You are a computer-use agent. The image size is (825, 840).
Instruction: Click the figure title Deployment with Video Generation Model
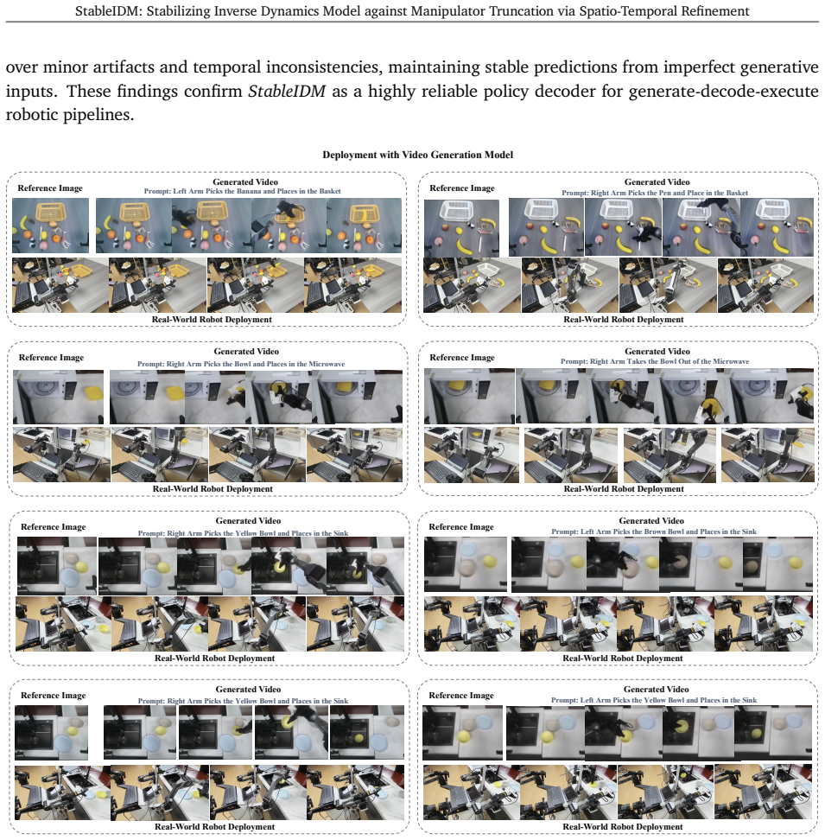(417, 155)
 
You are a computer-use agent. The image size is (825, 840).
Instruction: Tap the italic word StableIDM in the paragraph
(287, 91)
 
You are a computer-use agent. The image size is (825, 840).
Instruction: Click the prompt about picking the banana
(242, 191)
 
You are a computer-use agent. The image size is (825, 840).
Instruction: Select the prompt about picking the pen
(655, 193)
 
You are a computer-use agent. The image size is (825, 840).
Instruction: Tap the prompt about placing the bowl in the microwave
(241, 364)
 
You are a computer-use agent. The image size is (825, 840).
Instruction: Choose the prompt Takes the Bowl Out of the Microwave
(655, 361)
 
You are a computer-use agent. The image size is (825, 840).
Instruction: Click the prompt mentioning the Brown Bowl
(654, 532)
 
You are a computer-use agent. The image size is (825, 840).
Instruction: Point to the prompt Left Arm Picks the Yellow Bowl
(654, 700)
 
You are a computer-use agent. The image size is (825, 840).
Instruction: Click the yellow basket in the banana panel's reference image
(54, 213)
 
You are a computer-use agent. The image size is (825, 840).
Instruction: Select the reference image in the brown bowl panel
(466, 564)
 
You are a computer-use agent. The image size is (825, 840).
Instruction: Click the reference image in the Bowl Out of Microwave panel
(469, 396)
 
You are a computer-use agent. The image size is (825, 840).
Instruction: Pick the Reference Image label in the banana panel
(50, 188)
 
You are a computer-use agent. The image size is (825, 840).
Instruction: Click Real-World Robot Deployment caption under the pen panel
(623, 319)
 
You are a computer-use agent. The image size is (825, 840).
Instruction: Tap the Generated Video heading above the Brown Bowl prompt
(651, 521)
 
